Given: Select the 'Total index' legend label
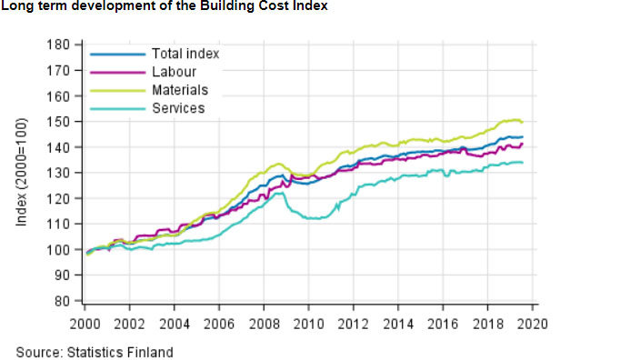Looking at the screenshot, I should point(185,54).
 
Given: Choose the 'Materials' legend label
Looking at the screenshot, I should point(179,90).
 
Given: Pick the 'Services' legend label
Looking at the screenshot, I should point(177,108).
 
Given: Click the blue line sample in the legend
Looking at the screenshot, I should point(116,54).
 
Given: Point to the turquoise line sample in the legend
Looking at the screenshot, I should point(116,108).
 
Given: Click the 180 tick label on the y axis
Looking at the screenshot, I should point(59,45).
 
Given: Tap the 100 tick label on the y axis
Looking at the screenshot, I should point(59,249).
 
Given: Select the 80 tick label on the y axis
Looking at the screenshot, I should point(62,301).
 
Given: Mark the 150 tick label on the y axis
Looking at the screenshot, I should point(59,122).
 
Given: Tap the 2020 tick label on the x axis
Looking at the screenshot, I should point(532,323).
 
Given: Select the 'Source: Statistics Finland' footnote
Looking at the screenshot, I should point(95,352).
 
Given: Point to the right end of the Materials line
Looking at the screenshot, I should point(521,122).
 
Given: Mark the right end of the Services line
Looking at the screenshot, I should point(521,163).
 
